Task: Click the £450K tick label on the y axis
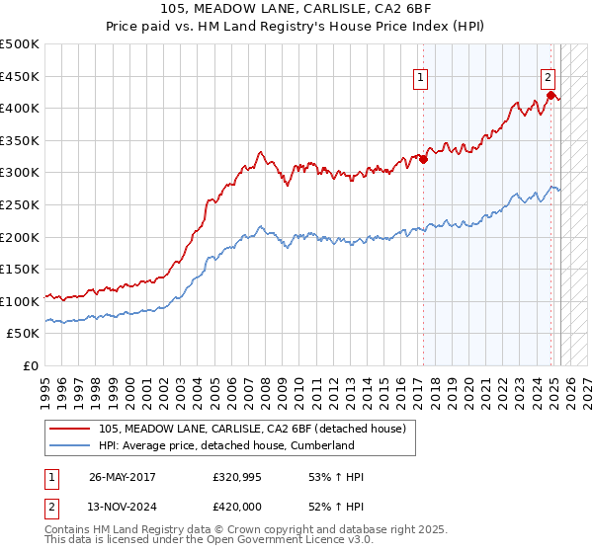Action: point(20,76)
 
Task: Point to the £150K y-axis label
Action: point(20,269)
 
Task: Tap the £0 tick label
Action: point(31,365)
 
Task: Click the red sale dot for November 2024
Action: point(551,96)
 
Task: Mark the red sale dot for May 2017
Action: point(424,159)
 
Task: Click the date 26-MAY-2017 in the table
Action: point(123,477)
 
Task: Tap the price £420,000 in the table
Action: point(237,507)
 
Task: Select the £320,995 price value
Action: point(237,477)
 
